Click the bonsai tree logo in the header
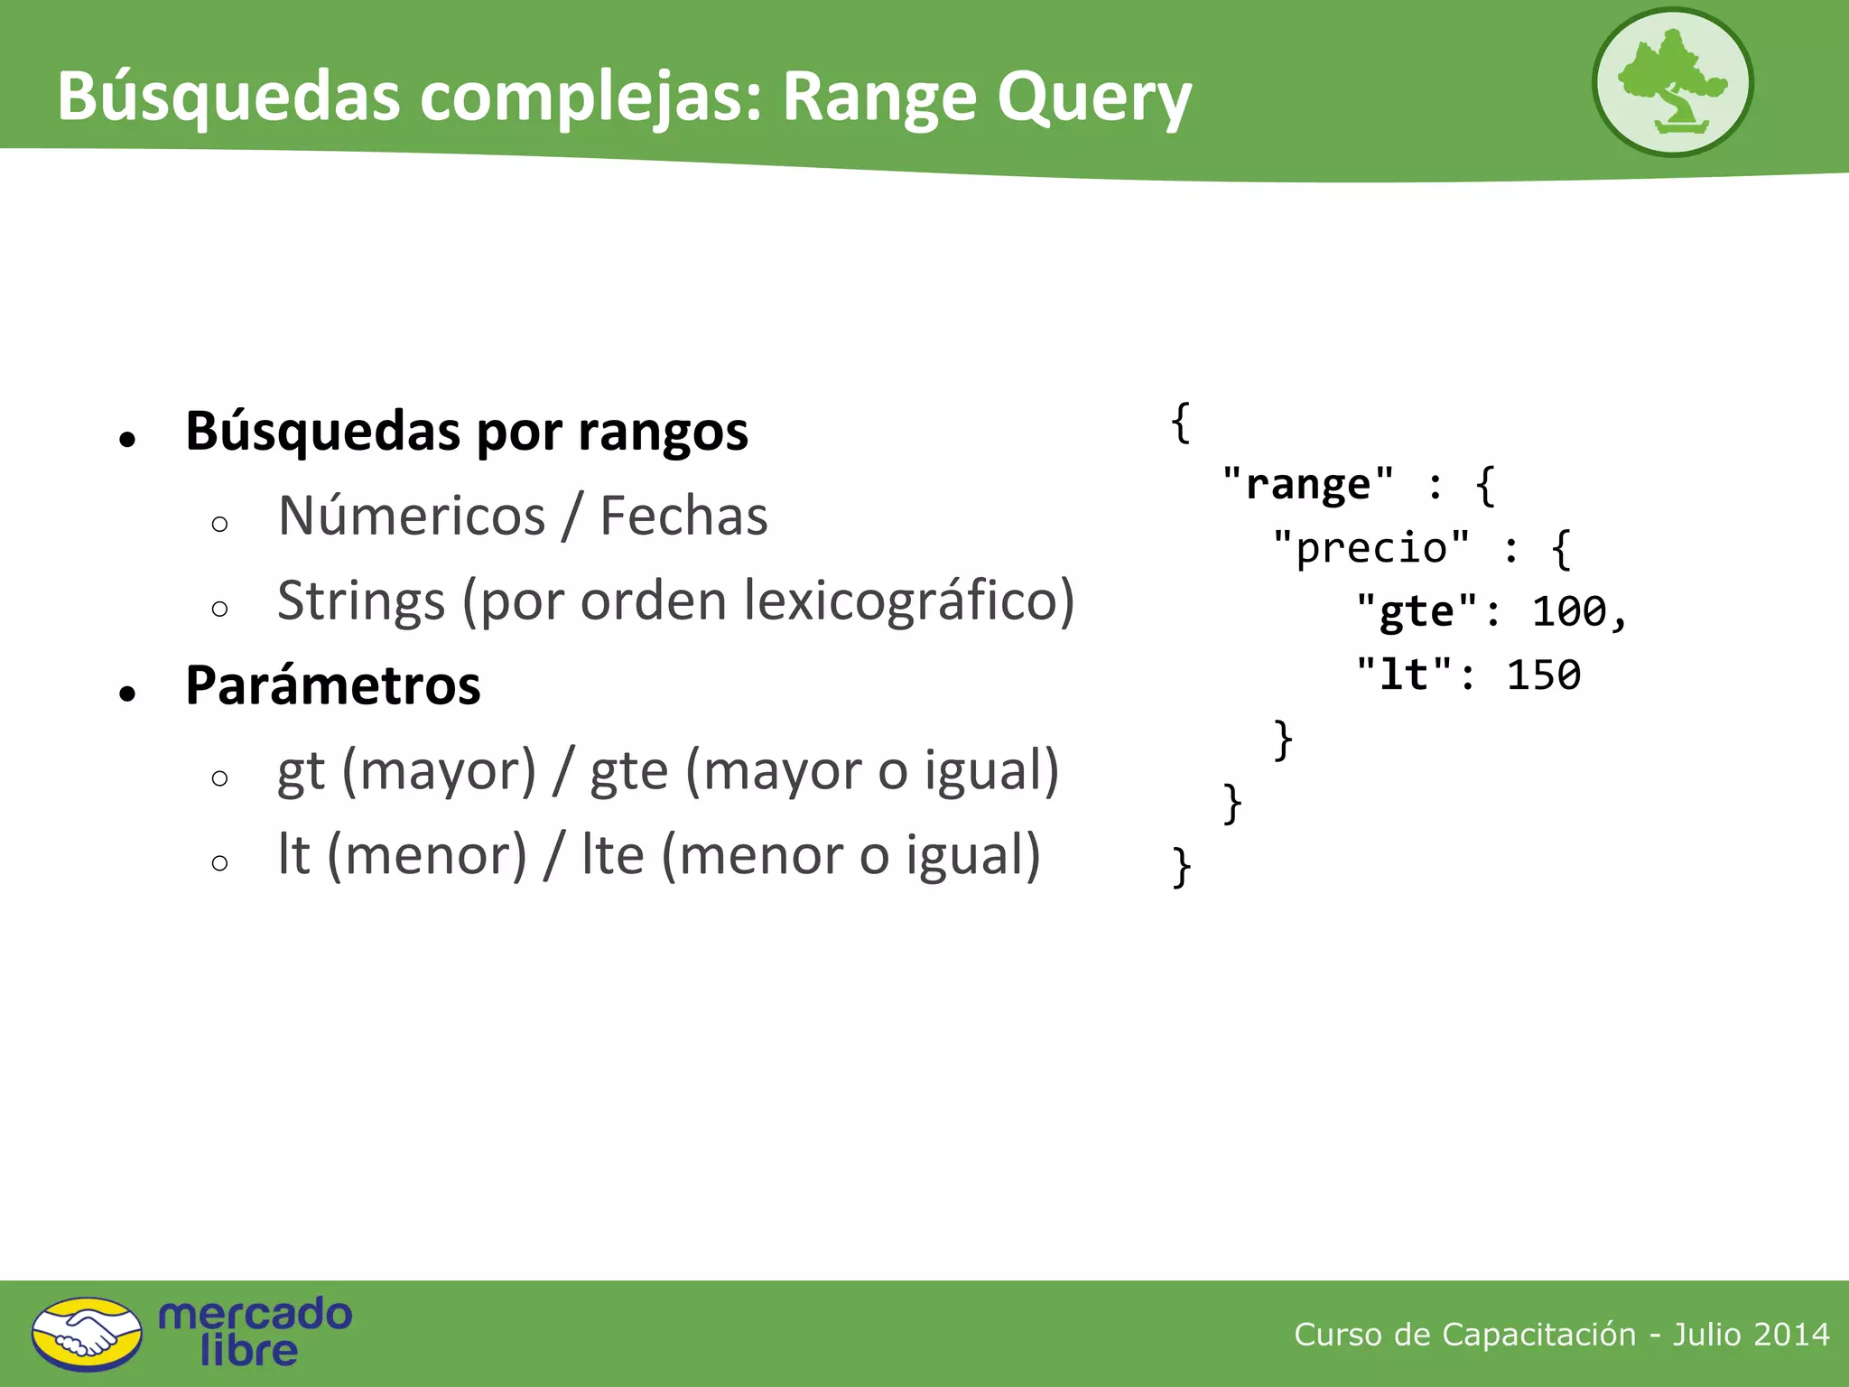1672,82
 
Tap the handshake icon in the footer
87,1334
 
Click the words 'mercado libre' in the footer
255,1333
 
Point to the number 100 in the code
1570,612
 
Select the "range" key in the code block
1308,485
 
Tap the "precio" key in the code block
1371,548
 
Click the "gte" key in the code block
1417,612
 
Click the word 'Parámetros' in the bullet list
333,685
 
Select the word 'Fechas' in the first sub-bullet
683,517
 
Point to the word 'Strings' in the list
361,601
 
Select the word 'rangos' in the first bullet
663,432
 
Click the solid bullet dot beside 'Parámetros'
127,693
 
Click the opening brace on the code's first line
1181,422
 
